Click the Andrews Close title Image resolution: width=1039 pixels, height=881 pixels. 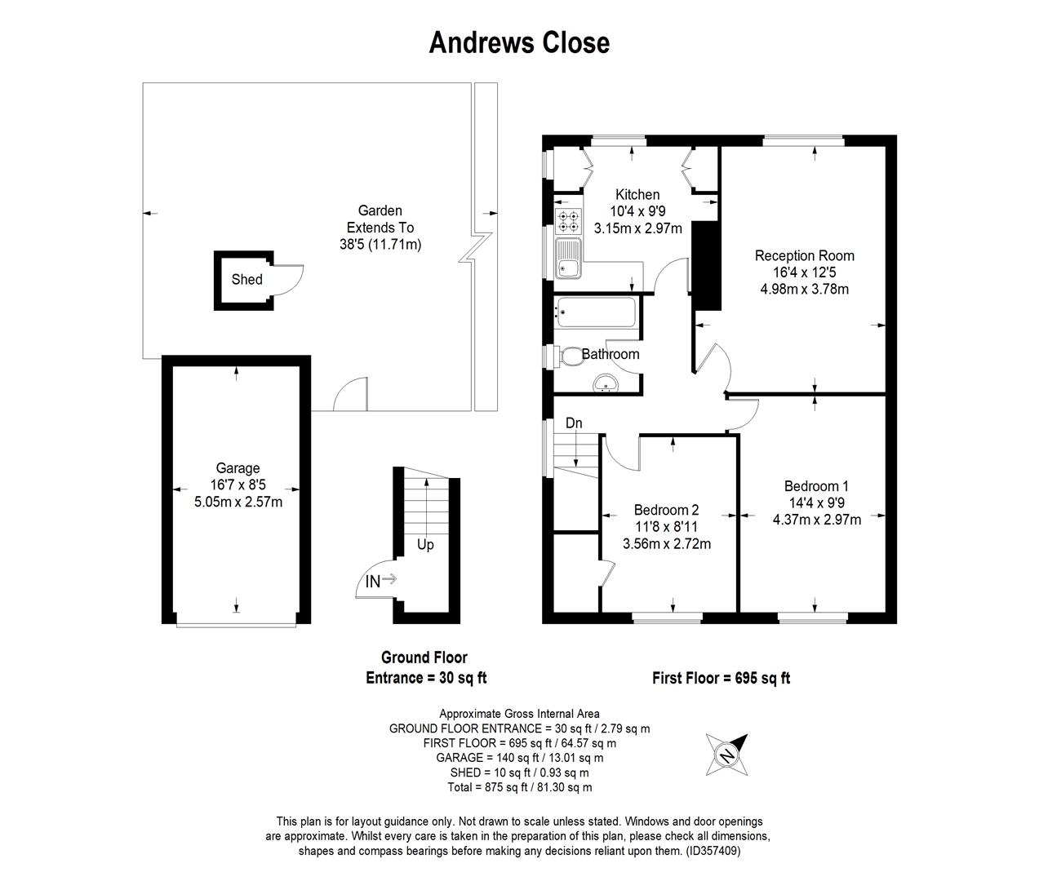[519, 42]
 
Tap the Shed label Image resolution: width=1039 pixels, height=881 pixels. [246, 279]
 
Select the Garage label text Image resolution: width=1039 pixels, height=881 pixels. [238, 468]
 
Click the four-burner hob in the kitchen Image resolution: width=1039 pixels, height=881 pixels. [569, 222]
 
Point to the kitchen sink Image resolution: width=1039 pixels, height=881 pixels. [569, 258]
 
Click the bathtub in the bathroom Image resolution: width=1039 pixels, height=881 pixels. [595, 312]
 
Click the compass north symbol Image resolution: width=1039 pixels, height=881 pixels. [727, 755]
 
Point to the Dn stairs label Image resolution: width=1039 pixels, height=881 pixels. [574, 423]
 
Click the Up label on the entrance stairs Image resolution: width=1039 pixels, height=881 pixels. [425, 545]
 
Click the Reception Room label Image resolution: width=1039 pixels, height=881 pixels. [804, 255]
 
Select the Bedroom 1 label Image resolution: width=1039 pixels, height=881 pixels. [816, 486]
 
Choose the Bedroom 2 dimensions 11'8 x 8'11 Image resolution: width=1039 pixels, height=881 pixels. [667, 527]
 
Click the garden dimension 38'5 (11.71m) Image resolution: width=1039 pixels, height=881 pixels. [380, 245]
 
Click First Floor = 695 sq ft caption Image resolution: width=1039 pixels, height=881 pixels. [722, 678]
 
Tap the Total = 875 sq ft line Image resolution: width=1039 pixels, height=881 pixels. [520, 787]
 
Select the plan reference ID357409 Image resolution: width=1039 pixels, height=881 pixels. [710, 851]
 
